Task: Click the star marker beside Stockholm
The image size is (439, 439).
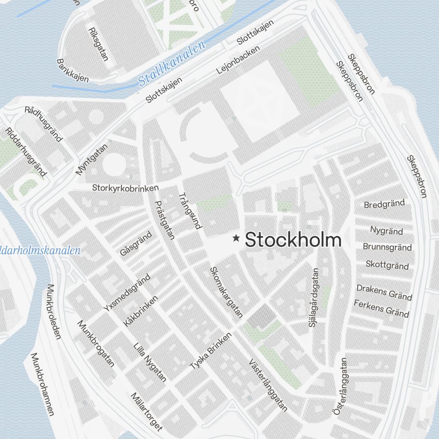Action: [236, 238]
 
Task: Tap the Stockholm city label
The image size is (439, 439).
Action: [293, 240]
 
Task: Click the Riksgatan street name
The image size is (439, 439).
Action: [98, 45]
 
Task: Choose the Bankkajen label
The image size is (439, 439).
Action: [73, 71]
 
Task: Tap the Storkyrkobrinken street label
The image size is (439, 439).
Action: [125, 187]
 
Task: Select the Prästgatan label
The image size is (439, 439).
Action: [165, 219]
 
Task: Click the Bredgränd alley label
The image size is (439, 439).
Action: [384, 204]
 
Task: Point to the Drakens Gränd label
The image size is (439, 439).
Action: [384, 291]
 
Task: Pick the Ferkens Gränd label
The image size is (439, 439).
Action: [381, 308]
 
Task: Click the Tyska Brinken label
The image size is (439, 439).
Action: [210, 354]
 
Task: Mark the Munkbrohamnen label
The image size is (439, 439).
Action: [42, 383]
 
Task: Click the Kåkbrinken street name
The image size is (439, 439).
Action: [140, 310]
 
